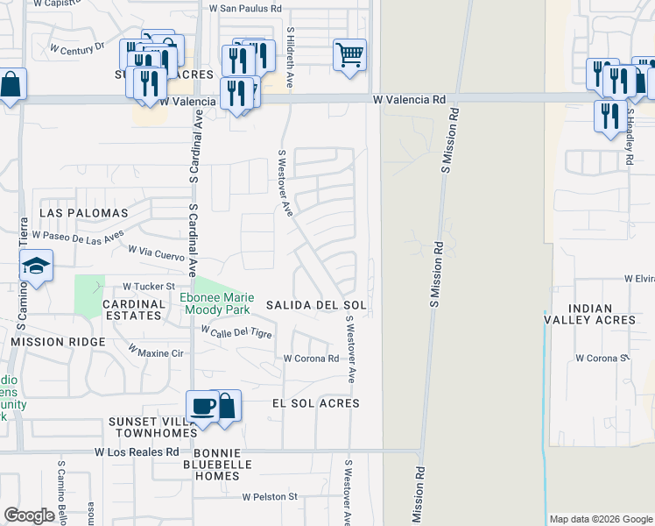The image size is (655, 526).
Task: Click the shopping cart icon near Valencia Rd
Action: (x=349, y=55)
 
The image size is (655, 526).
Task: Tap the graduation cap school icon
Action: (x=36, y=266)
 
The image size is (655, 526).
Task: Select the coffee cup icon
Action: (x=202, y=406)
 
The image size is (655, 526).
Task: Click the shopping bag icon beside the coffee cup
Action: (x=225, y=405)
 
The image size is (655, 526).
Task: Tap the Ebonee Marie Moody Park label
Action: (x=215, y=303)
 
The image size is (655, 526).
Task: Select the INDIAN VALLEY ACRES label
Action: (x=601, y=314)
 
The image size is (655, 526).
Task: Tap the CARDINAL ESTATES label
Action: (x=134, y=309)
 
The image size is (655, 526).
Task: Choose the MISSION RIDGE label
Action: (x=59, y=341)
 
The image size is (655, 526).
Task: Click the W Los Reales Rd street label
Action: (x=137, y=452)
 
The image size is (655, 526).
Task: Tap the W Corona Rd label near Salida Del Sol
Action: (x=311, y=359)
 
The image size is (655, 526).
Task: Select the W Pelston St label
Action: (x=271, y=497)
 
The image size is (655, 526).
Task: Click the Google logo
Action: (x=29, y=515)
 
